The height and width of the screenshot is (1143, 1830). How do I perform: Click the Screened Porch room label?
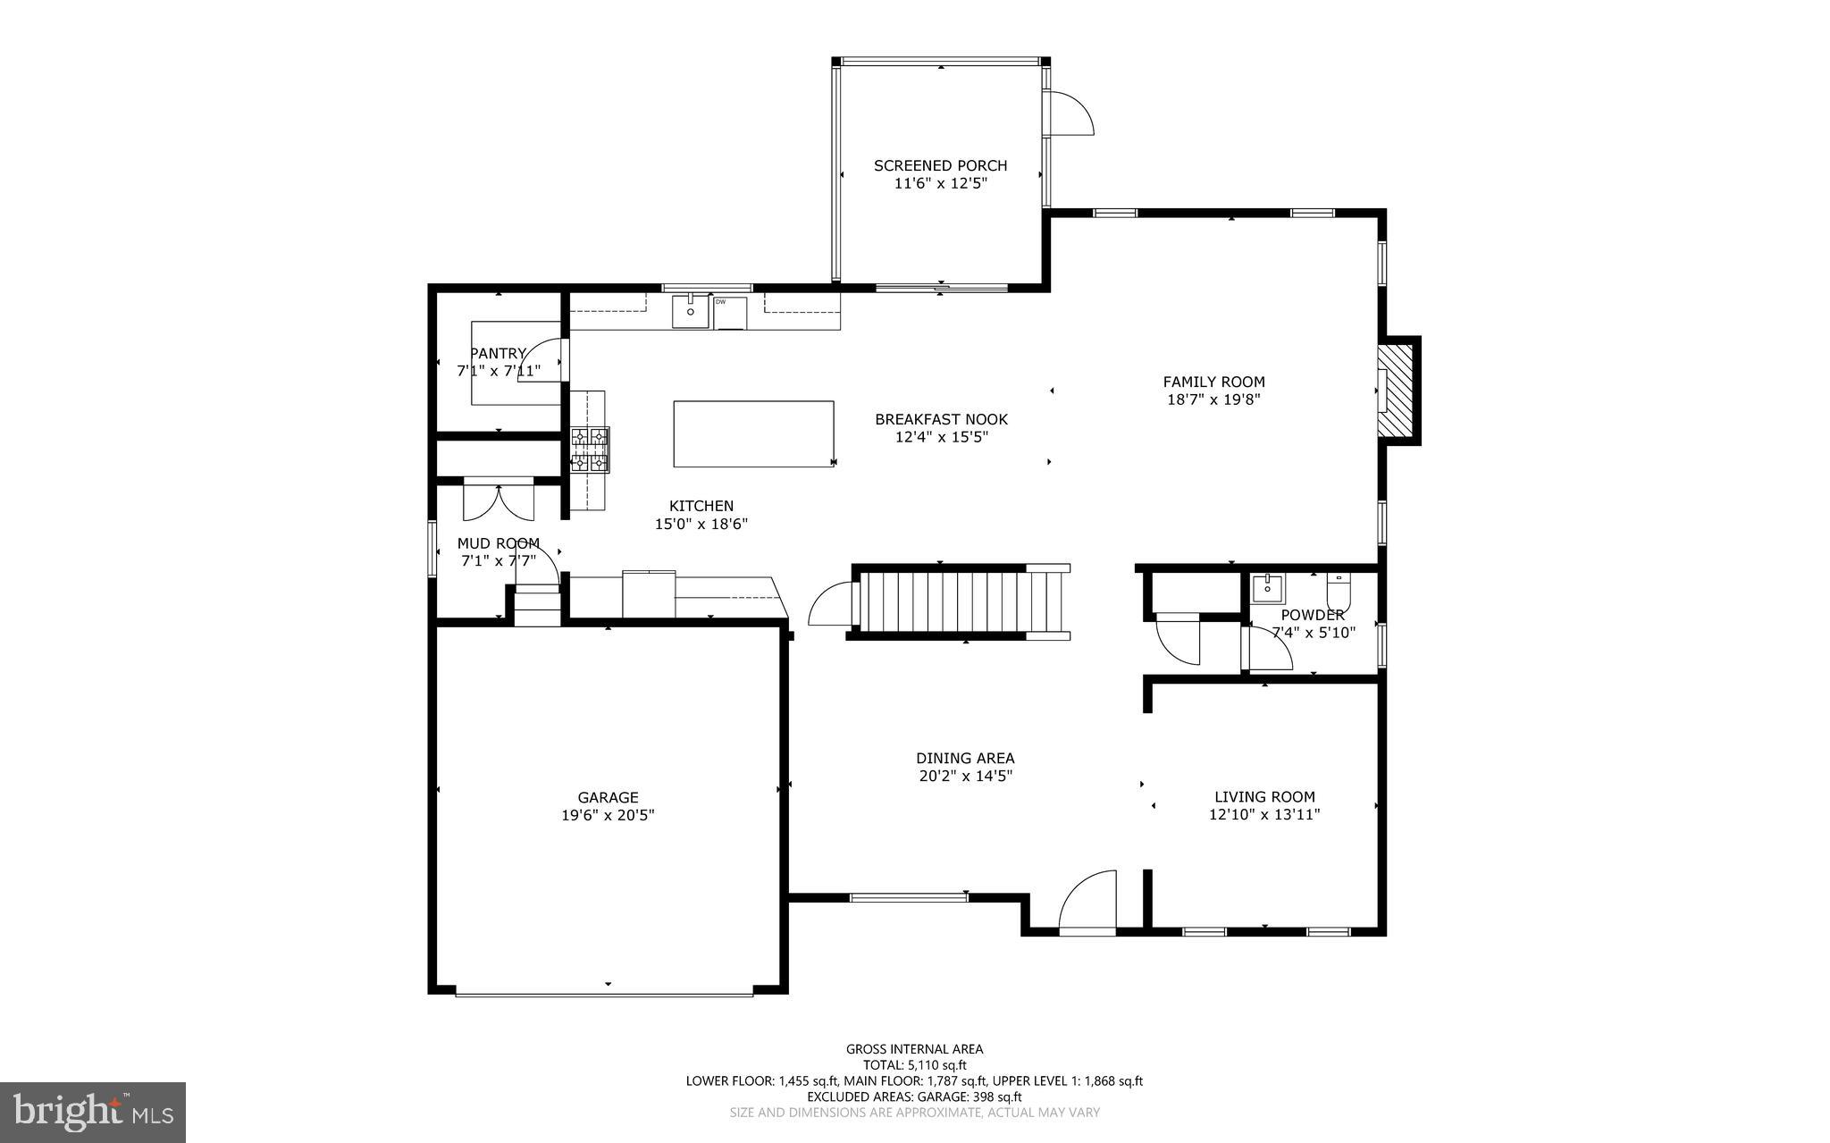[x=940, y=165]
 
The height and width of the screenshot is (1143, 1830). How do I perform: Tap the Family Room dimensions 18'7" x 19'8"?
[x=1213, y=400]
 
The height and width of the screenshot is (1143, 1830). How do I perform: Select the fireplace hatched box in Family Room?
[x=1395, y=391]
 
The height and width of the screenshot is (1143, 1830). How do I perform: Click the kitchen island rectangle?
[x=753, y=433]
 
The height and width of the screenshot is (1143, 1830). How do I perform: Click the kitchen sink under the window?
[x=690, y=312]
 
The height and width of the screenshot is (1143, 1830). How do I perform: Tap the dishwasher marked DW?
[x=729, y=312]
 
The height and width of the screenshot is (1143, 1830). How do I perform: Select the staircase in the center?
[x=947, y=603]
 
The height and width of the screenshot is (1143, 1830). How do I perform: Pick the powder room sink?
[x=1267, y=589]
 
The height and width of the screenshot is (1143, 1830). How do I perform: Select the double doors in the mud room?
[x=499, y=500]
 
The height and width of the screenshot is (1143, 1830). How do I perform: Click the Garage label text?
[x=608, y=797]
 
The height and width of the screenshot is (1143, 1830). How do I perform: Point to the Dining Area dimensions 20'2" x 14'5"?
[x=965, y=777]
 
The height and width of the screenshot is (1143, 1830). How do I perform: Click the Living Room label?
[x=1263, y=797]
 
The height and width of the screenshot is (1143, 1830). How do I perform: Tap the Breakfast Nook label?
[x=941, y=419]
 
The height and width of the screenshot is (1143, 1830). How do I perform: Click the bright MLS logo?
[x=92, y=1112]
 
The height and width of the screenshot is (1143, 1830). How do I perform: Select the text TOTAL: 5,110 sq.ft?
[x=914, y=1065]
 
